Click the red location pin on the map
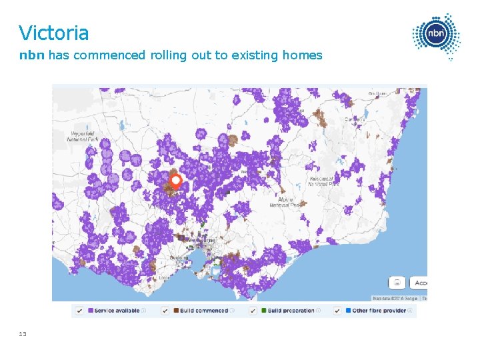[x=175, y=181]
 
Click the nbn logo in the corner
[x=437, y=35]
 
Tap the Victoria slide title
[x=53, y=32]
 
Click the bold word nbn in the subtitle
[x=31, y=55]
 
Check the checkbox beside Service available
[x=80, y=311]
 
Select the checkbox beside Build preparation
[x=253, y=311]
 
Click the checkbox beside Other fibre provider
[x=337, y=311]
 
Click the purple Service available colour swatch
[x=91, y=311]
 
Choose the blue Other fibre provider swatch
[x=348, y=311]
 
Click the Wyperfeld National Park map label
[x=83, y=136]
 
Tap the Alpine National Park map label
[x=288, y=202]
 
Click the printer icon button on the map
[x=397, y=282]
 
